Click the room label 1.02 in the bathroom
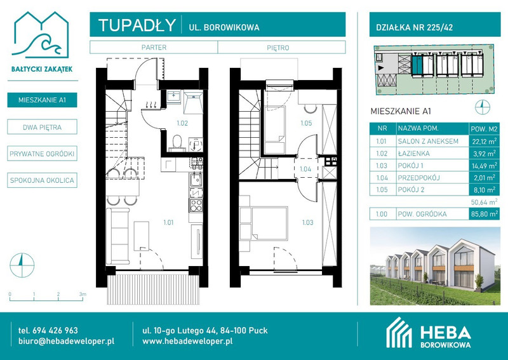pyautogui.click(x=182, y=123)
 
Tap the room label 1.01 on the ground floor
pyautogui.click(x=168, y=222)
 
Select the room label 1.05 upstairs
pyautogui.click(x=306, y=123)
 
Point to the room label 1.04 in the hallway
pyautogui.click(x=305, y=169)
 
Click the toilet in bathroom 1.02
pyautogui.click(x=177, y=143)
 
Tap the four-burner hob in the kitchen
pyautogui.click(x=196, y=205)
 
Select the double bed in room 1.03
pyautogui.click(x=270, y=223)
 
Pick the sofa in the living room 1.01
pyautogui.click(x=118, y=236)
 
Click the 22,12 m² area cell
pyautogui.click(x=484, y=142)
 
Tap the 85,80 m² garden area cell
pyautogui.click(x=484, y=214)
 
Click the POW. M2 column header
pyautogui.click(x=484, y=129)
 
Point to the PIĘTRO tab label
pyautogui.click(x=278, y=48)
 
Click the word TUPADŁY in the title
pyautogui.click(x=137, y=25)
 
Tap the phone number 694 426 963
pyautogui.click(x=55, y=331)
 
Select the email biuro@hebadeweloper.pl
pyautogui.click(x=67, y=341)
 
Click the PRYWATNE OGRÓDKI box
pyautogui.click(x=42, y=154)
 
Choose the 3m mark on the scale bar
pyautogui.click(x=83, y=294)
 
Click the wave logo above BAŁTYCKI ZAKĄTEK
pyautogui.click(x=41, y=36)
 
